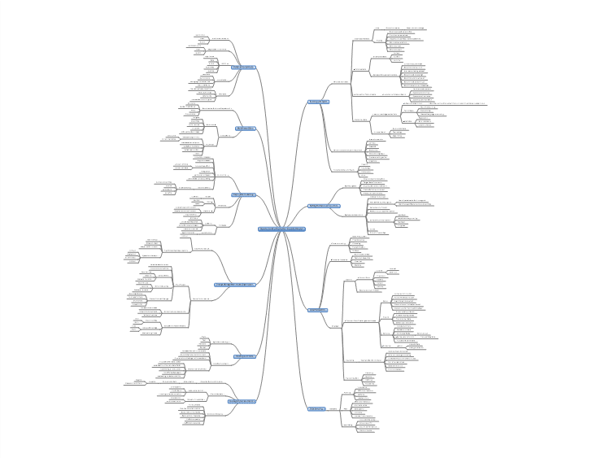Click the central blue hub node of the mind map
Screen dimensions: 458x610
coord(281,229)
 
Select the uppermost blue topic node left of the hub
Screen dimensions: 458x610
coord(243,68)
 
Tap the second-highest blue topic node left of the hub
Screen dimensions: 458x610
coord(246,129)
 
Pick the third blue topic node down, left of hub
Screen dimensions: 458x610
coord(244,195)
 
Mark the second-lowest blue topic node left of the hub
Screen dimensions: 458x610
coord(246,356)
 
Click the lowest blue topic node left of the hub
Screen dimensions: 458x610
coord(242,401)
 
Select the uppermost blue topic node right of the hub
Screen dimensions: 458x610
coord(319,102)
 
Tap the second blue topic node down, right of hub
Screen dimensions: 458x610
coord(323,207)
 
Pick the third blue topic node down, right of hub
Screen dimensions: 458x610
coord(318,310)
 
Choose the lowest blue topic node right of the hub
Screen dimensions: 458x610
coord(316,408)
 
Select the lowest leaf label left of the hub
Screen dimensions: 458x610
coord(193,424)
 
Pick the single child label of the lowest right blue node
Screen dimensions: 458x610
coord(331,408)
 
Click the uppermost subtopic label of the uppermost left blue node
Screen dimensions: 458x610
coord(220,38)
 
